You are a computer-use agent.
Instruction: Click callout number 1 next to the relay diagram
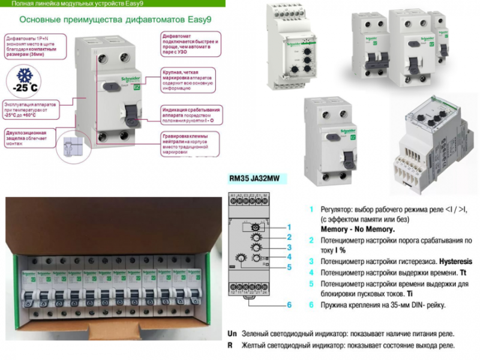coord(289,227)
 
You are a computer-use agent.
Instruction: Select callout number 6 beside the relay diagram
coord(289,305)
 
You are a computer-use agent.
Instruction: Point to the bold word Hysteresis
coord(455,262)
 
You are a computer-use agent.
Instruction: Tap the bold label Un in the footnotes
coord(232,333)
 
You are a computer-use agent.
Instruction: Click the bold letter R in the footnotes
coord(230,346)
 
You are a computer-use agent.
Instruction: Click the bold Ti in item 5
coord(408,294)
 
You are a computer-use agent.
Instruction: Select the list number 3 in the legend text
coord(311,262)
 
